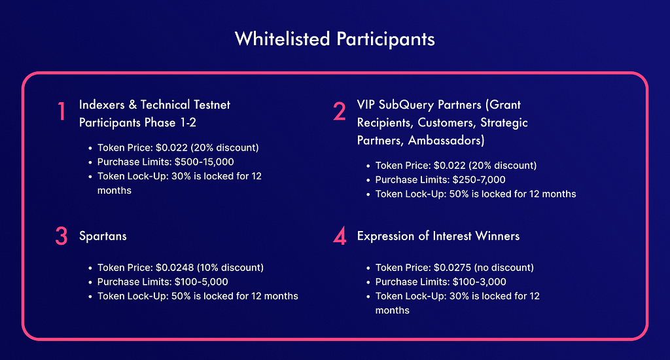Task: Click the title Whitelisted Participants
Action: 334,39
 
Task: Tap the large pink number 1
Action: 62,111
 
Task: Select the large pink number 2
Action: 340,111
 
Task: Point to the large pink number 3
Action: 62,236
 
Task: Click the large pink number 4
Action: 340,236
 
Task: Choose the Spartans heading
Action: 103,236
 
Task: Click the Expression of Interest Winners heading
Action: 438,236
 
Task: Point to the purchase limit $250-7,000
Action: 479,180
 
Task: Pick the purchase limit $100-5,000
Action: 202,282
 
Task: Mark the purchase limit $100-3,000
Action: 480,282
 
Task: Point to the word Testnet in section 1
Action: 212,105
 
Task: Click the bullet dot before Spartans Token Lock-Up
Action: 90,297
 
